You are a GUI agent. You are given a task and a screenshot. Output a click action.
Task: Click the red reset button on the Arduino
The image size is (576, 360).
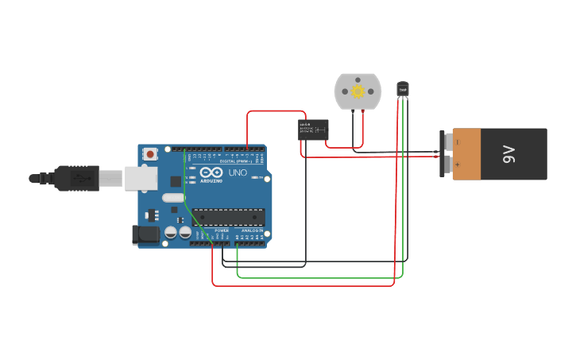(150, 154)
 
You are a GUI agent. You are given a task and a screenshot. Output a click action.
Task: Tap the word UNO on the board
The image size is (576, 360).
(238, 172)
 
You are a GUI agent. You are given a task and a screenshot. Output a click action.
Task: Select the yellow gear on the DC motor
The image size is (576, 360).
(358, 91)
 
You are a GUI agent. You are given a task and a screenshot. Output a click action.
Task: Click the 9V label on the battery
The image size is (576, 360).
(509, 154)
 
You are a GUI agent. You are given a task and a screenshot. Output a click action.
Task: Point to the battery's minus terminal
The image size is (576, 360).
(448, 141)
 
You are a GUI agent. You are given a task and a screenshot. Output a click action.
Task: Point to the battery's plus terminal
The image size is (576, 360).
(448, 165)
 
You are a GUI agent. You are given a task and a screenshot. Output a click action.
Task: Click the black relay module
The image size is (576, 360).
(313, 130)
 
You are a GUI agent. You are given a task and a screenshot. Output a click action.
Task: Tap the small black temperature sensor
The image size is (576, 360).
(403, 89)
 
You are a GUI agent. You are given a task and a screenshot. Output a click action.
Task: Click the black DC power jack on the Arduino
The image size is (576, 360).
(145, 234)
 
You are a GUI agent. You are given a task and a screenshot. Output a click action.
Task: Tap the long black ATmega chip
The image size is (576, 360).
(229, 217)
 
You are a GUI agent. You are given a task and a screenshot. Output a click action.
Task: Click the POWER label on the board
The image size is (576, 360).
(222, 230)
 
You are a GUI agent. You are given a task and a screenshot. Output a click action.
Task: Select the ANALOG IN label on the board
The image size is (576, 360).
(253, 230)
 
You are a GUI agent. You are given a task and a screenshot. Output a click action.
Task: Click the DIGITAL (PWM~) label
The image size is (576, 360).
(238, 161)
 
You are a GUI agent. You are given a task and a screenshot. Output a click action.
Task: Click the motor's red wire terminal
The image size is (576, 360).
(362, 110)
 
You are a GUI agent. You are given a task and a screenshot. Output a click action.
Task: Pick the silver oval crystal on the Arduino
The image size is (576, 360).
(173, 198)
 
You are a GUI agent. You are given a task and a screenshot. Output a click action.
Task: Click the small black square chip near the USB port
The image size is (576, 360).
(176, 181)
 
